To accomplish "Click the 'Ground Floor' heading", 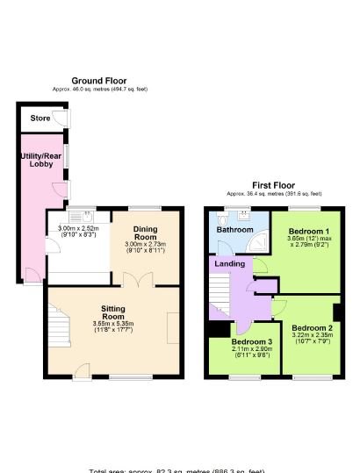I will click(x=99, y=81).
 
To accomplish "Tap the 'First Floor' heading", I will click(x=273, y=185).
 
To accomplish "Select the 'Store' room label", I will click(x=40, y=118).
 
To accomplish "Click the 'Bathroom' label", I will click(x=234, y=230).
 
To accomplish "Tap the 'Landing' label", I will click(x=230, y=263).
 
